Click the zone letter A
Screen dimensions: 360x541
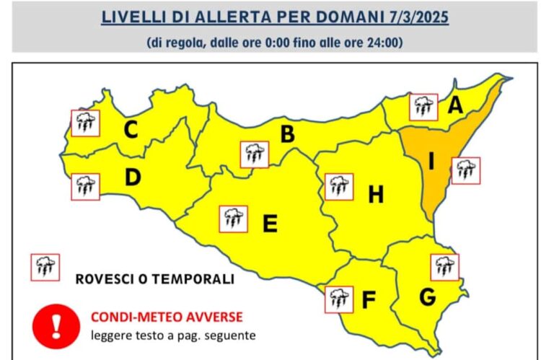(x=455, y=106)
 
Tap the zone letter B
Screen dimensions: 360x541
(x=287, y=134)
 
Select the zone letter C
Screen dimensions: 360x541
(x=131, y=130)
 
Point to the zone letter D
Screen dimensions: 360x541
(x=132, y=177)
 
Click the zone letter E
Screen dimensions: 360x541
(x=270, y=224)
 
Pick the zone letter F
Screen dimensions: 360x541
(x=369, y=299)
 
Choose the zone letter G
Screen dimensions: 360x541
(x=427, y=296)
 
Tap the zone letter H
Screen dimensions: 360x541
(x=376, y=194)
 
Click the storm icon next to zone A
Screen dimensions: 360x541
(x=423, y=107)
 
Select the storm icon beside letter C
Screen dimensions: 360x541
(x=85, y=123)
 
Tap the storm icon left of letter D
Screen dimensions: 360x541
(x=85, y=186)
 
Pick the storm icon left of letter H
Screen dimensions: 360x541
(x=338, y=186)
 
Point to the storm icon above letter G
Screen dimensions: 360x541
(x=444, y=267)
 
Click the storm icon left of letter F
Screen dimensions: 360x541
(x=338, y=299)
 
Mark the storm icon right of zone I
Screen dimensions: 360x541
(x=465, y=170)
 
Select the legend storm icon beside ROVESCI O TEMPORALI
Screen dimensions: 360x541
(x=44, y=267)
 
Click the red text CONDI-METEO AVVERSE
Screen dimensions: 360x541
(x=166, y=317)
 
